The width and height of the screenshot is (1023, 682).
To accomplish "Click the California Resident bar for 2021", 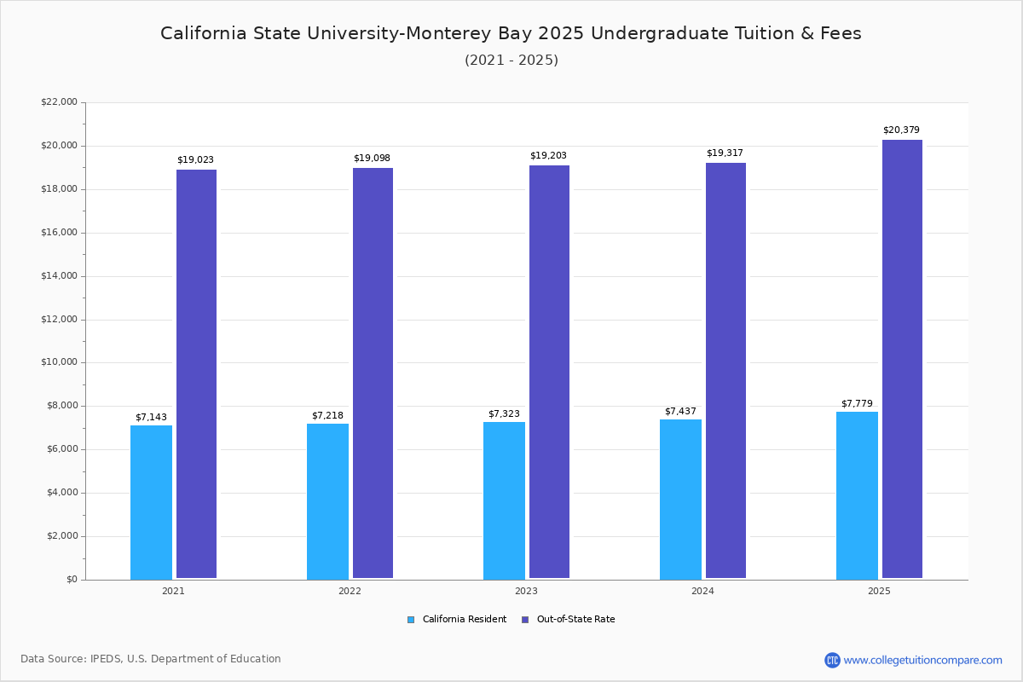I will click(x=151, y=502).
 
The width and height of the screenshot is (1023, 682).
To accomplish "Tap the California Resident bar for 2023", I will click(x=504, y=500).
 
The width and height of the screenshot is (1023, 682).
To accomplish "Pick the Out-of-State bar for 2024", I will click(x=725, y=370).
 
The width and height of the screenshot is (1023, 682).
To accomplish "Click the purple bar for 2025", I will click(x=902, y=359).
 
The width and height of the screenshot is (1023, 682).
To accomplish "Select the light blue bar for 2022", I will click(x=327, y=501).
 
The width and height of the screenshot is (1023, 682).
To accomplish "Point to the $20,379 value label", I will click(x=901, y=130).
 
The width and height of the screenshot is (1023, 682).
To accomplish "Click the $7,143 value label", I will click(x=151, y=418).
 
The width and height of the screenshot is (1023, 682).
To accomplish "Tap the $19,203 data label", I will click(x=548, y=156).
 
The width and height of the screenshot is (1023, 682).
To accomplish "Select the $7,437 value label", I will click(x=680, y=412).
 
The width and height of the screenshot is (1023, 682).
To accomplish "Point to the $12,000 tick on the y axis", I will click(x=59, y=320).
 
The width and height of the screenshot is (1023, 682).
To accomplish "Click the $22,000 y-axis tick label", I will click(x=59, y=102).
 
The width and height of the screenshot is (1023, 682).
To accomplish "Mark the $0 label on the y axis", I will click(x=71, y=580).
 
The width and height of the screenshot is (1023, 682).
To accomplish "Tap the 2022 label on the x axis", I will click(x=350, y=591).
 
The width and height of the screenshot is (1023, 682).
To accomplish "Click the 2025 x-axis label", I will click(x=879, y=591).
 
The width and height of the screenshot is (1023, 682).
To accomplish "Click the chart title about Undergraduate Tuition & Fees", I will click(x=511, y=33).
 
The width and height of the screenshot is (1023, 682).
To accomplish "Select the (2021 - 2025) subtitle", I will click(x=511, y=61).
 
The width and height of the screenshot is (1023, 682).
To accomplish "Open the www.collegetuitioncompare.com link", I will click(x=922, y=660).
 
